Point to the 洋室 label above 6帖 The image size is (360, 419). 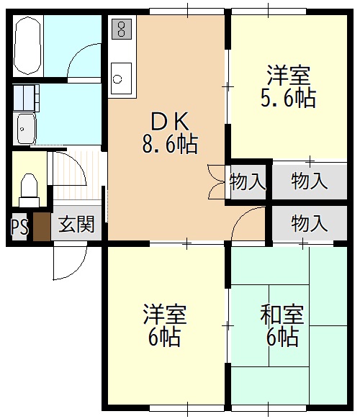pyautogui.click(x=165, y=315)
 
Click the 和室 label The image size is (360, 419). pyautogui.click(x=282, y=315)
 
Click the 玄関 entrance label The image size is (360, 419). pyautogui.click(x=76, y=225)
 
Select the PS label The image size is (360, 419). pyautogui.click(x=19, y=227)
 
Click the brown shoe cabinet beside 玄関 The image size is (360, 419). pyautogui.click(x=42, y=227)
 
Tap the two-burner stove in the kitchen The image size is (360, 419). pyautogui.click(x=122, y=30)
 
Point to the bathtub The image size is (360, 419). pyautogui.click(x=27, y=44)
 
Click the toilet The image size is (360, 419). pyautogui.click(x=30, y=186)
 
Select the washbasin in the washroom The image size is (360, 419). pyautogui.click(x=27, y=127)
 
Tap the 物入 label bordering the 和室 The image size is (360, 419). pyautogui.click(x=309, y=223)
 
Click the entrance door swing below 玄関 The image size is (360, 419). pyautogui.click(x=66, y=263)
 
